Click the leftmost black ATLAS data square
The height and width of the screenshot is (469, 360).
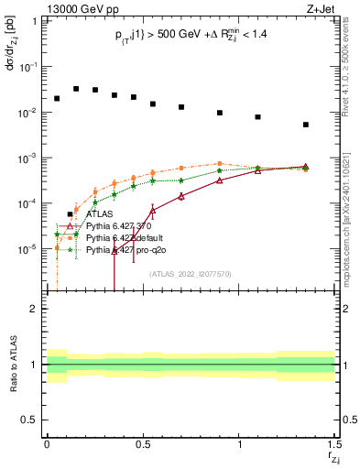(57, 98)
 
